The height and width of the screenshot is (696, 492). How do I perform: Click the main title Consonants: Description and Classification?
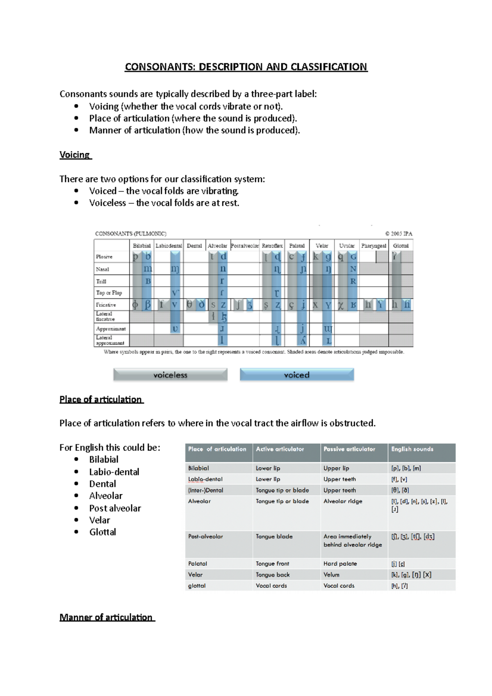pyautogui.click(x=246, y=67)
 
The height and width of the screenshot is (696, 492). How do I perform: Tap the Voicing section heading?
pyautogui.click(x=75, y=155)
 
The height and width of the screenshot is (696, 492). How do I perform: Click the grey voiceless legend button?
pyautogui.click(x=170, y=375)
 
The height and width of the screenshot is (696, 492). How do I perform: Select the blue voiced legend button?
pyautogui.click(x=296, y=375)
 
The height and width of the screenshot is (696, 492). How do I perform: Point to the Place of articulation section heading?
pyautogui.click(x=101, y=399)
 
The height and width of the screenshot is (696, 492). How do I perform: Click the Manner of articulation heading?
pyautogui.click(x=106, y=617)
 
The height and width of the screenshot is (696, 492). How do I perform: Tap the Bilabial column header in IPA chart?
pyautogui.click(x=142, y=246)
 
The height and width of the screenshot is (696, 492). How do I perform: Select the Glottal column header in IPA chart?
pyautogui.click(x=401, y=246)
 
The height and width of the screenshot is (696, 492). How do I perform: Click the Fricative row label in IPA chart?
pyautogui.click(x=106, y=305)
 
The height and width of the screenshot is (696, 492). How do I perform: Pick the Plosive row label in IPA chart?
pyautogui.click(x=104, y=257)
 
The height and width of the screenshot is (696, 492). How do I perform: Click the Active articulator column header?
pyautogui.click(x=280, y=449)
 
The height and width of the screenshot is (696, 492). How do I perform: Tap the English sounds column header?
pyautogui.click(x=412, y=449)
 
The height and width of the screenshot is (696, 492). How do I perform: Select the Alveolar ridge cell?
pyautogui.click(x=343, y=501)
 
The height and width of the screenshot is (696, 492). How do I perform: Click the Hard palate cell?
pyautogui.click(x=340, y=564)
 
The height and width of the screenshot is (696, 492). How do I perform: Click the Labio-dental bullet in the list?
pyautogui.click(x=114, y=472)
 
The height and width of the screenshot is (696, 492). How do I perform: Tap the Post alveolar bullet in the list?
pyautogui.click(x=115, y=508)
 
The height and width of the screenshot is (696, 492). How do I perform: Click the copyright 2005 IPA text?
pyautogui.click(x=399, y=234)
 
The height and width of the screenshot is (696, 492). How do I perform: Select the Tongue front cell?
pyautogui.click(x=272, y=564)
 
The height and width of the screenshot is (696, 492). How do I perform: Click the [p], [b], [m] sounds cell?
pyautogui.click(x=406, y=469)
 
